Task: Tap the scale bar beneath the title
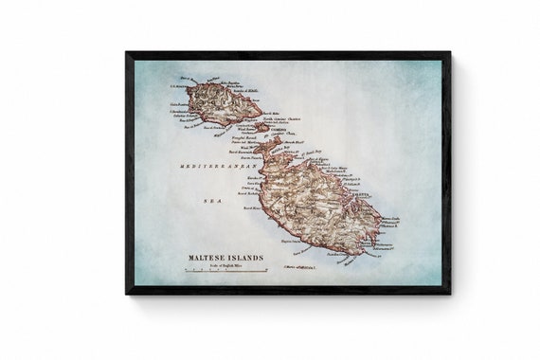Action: pos(212,271)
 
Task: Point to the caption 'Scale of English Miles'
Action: pos(213,266)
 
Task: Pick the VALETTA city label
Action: pos(364,196)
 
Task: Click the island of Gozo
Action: pos(222,102)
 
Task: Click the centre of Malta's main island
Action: pos(317,204)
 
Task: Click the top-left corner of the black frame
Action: pos(127,53)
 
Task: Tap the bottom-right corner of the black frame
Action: pos(449,293)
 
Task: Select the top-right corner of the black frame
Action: pos(449,53)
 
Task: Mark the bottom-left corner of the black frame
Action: pos(127,293)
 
